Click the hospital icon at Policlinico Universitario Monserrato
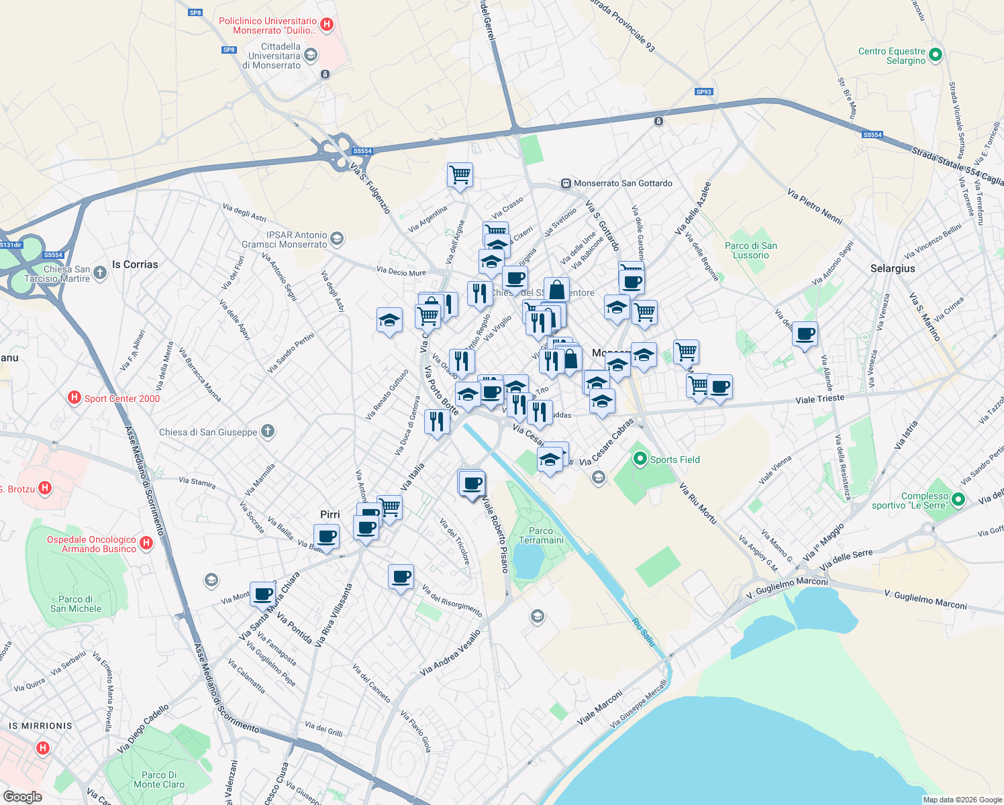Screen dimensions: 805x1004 [327, 25]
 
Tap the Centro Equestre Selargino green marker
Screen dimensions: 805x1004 [937, 55]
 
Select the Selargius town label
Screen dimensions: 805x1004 [893, 268]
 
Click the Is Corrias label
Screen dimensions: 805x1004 [135, 264]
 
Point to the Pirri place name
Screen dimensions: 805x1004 [330, 515]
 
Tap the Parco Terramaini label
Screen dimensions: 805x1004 [542, 535]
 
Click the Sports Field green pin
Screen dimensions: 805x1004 [640, 459]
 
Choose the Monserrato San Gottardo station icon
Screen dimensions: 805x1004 [566, 183]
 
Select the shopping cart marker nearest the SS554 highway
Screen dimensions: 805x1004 [460, 175]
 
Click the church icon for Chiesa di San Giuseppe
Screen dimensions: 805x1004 [268, 431]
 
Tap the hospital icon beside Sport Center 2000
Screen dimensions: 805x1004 [74, 398]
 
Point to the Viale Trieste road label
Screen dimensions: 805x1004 [819, 399]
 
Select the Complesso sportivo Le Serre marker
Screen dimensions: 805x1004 [958, 500]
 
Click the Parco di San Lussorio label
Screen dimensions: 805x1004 [751, 250]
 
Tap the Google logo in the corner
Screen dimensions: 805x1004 [23, 797]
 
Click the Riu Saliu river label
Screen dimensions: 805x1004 [643, 633]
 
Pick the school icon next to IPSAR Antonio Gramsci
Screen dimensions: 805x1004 [337, 239]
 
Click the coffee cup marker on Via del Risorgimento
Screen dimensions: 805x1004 [401, 577]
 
